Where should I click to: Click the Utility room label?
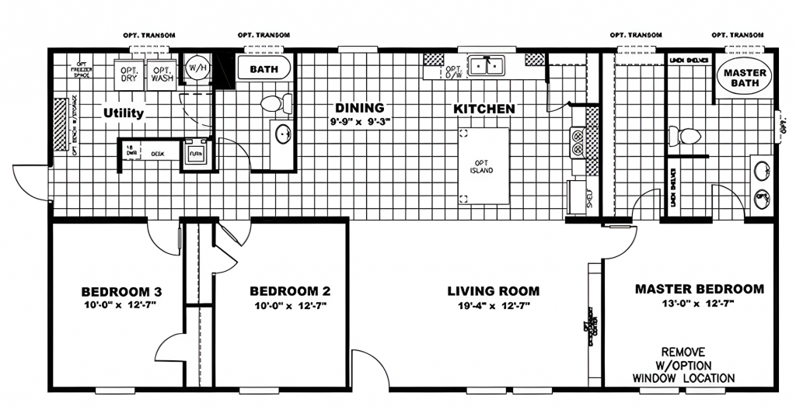coord(124,113)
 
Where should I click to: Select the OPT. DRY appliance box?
coord(128,75)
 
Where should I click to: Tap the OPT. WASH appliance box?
coord(162,75)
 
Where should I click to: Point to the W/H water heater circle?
coord(195,68)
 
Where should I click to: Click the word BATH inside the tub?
coord(264,69)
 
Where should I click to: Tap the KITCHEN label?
coord(484,109)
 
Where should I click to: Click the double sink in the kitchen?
coord(486,66)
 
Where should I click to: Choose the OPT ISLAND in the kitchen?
coord(484,166)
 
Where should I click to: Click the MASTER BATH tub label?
coord(745,77)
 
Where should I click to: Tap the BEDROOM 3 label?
coord(121,292)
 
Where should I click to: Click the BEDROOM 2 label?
coord(290,292)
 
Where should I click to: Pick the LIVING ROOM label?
coord(493,291)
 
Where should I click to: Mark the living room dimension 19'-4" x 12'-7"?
coord(493,306)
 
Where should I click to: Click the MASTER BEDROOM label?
coord(699,289)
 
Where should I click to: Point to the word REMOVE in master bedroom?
coord(683,351)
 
